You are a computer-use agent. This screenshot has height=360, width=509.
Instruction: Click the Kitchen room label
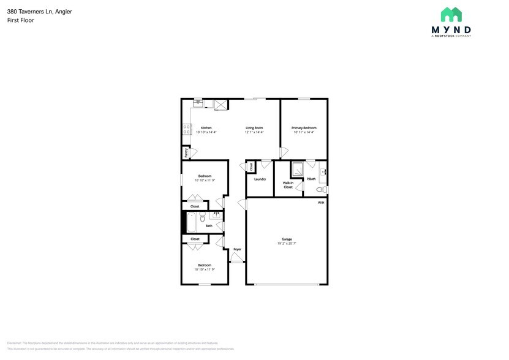[206, 128]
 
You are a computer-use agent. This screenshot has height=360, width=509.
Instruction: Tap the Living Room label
[254, 128]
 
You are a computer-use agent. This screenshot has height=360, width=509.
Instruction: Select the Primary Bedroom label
[304, 128]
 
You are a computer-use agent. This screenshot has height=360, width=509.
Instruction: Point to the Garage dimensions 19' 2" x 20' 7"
[287, 243]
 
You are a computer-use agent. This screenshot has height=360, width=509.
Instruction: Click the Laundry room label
[260, 179]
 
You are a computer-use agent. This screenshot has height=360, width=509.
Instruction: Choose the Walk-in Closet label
[288, 184]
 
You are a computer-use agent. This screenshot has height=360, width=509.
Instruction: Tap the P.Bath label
[311, 179]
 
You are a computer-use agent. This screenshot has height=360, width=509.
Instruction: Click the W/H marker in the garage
[320, 203]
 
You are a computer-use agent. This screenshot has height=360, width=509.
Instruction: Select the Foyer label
[237, 249]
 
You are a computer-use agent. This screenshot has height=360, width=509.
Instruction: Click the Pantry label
[186, 153]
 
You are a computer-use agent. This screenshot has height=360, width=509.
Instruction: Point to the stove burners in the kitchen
[186, 129]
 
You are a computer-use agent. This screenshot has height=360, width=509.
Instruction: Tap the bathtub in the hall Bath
[192, 222]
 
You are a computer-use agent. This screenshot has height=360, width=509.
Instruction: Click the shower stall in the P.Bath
[296, 169]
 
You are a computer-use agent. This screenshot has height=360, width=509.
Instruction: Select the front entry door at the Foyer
[237, 259]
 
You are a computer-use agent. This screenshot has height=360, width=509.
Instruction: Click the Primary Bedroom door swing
[284, 152]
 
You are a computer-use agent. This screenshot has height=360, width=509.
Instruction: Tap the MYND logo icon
[451, 15]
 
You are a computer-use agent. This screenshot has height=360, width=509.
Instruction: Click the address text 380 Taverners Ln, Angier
[39, 11]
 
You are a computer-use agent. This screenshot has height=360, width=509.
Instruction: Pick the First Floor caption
[20, 20]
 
